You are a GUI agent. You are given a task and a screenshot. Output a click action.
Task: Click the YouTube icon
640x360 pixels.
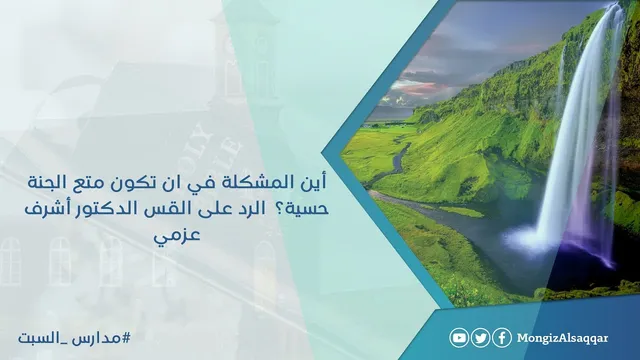(459, 338)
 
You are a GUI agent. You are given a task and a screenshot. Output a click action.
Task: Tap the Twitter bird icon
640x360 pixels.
(480, 338)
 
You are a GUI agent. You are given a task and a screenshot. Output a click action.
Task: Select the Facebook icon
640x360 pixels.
(502, 338)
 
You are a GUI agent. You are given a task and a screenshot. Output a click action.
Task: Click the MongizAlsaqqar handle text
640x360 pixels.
(562, 339)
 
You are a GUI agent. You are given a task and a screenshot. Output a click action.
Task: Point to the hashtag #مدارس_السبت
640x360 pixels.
(74, 338)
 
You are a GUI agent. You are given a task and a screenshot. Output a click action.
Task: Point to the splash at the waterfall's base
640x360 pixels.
(531, 240)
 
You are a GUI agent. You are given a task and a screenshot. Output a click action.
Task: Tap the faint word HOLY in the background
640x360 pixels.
(199, 142)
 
